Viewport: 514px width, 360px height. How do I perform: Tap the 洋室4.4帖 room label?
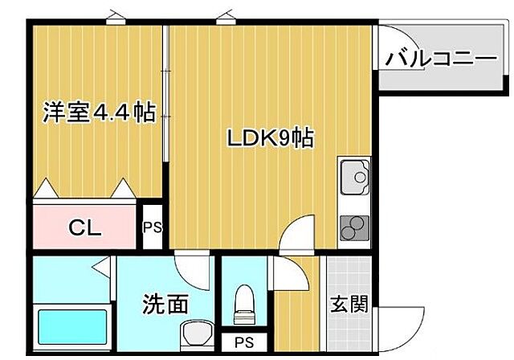tap(98, 112)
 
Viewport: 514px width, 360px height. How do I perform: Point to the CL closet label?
tap(84, 228)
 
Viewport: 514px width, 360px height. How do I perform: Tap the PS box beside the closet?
tap(153, 227)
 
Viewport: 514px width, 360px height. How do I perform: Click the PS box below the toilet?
tap(241, 342)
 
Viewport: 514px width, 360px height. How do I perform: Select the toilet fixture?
tap(242, 305)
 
